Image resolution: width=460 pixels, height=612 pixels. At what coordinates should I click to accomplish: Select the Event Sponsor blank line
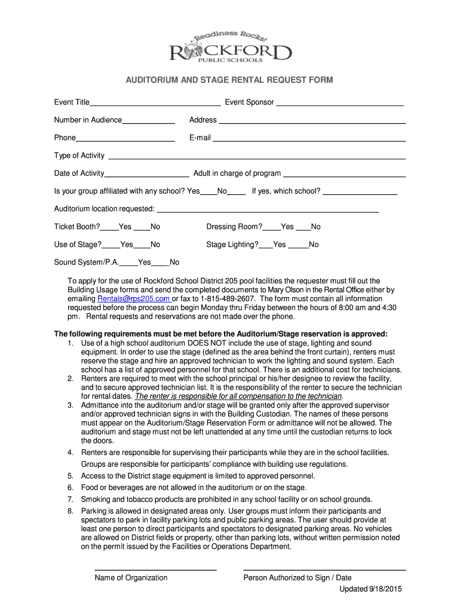[x=339, y=103]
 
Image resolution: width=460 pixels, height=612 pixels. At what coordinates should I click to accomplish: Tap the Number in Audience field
[x=148, y=121]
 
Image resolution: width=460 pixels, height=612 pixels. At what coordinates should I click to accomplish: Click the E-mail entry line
[x=309, y=139]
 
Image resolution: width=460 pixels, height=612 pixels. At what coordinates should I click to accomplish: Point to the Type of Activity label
[x=79, y=156]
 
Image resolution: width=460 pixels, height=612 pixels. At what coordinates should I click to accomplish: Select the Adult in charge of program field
[x=344, y=174]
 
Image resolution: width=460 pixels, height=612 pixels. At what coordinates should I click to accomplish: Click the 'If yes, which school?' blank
[x=360, y=192]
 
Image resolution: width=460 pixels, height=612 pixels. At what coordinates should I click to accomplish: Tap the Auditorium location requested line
[x=267, y=209]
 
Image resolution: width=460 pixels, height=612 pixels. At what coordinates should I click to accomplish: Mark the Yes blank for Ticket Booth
[x=109, y=227]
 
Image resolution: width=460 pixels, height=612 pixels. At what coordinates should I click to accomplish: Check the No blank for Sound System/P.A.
[x=160, y=263]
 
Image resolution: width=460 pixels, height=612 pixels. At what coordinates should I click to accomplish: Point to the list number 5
[x=70, y=476]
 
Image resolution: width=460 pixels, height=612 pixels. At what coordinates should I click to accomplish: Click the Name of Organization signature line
[x=155, y=569]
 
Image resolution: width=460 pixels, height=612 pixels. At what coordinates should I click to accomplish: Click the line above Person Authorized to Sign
[x=324, y=569]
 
